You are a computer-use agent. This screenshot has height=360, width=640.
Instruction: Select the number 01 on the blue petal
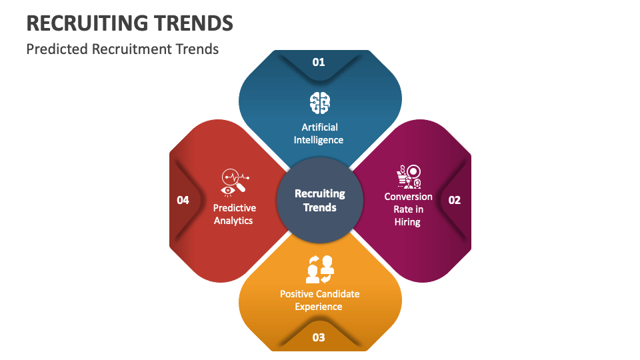(319, 62)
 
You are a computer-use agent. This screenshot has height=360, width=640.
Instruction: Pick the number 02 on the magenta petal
(454, 200)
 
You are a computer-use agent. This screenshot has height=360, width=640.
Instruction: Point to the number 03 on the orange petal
(319, 337)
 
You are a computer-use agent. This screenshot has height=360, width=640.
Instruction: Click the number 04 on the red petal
(183, 200)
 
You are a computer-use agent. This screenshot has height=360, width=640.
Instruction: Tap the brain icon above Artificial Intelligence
(319, 102)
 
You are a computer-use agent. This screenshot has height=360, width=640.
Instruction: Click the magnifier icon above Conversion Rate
(407, 177)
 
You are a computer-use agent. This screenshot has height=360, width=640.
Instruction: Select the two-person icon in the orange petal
(319, 269)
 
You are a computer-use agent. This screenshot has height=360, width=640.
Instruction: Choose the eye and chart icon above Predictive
(234, 182)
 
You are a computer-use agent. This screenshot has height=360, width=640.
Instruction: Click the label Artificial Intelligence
(319, 133)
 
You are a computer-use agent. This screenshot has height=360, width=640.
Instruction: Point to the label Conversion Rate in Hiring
(408, 209)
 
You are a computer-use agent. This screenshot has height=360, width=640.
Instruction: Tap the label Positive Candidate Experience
(319, 300)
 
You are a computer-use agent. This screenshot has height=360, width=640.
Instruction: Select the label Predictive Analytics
(234, 214)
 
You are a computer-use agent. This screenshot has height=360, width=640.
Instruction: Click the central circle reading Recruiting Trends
(320, 200)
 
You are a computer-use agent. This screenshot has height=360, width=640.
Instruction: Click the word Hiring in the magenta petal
(407, 222)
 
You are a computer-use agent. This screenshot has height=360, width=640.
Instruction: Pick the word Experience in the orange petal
(319, 307)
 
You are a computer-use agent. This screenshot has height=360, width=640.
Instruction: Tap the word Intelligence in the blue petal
(319, 140)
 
